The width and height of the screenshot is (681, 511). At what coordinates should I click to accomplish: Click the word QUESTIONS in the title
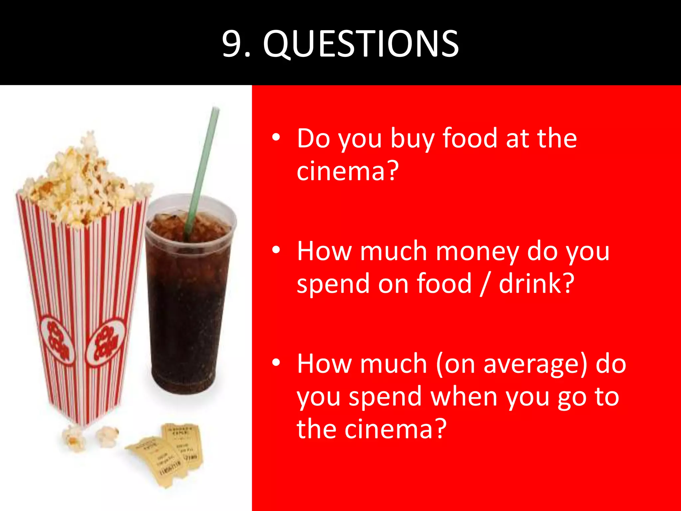(x=361, y=44)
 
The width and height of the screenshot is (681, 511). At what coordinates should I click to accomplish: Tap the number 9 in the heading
(x=233, y=44)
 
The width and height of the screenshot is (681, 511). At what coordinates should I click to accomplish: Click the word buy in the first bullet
(x=412, y=139)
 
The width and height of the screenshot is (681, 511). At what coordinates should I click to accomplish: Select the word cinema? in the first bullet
(x=347, y=171)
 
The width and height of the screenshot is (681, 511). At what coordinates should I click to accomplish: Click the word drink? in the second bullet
(x=536, y=283)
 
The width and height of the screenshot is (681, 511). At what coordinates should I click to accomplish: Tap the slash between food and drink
(x=485, y=283)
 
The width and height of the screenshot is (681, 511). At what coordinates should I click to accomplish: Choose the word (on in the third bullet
(x=456, y=364)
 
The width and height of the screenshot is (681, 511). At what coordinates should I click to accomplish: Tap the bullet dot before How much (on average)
(x=276, y=363)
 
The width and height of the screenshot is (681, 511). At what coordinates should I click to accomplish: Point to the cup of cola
(x=188, y=299)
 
